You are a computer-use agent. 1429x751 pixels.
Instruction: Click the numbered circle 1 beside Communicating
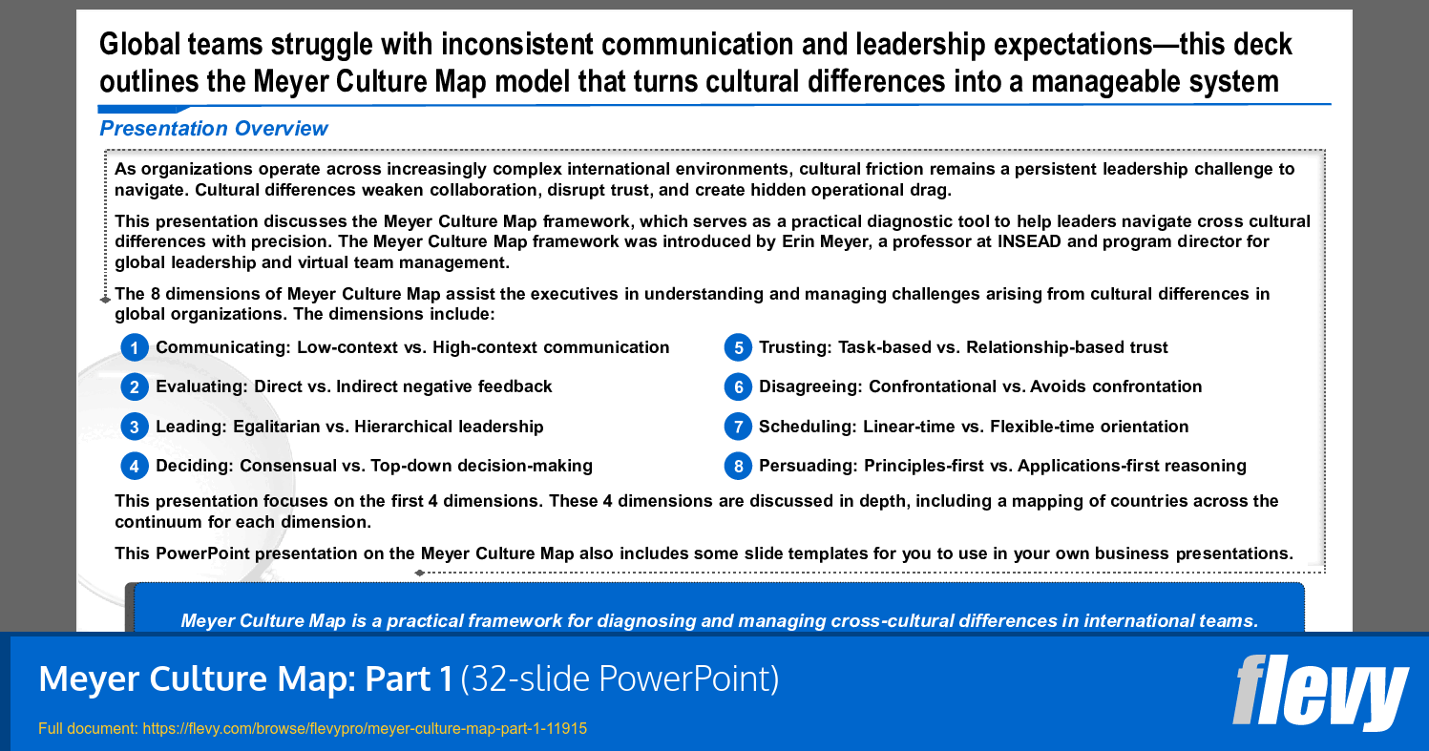pyautogui.click(x=135, y=347)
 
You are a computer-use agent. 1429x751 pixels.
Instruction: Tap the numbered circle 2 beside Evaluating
pyautogui.click(x=135, y=386)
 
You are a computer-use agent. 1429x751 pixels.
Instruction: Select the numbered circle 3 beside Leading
pyautogui.click(x=135, y=427)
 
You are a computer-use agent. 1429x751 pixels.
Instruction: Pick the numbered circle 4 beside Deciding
pyautogui.click(x=135, y=466)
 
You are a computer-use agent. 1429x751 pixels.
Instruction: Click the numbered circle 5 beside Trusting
pyautogui.click(x=738, y=347)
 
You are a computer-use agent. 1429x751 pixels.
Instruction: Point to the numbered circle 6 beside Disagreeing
pyautogui.click(x=738, y=386)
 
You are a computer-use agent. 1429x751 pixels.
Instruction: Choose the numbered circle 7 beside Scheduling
pyautogui.click(x=738, y=427)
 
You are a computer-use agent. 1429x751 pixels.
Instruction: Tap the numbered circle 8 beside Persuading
pyautogui.click(x=738, y=466)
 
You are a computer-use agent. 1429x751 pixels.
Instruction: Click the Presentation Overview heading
pyautogui.click(x=214, y=129)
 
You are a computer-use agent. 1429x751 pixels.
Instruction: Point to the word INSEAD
pyautogui.click(x=1029, y=241)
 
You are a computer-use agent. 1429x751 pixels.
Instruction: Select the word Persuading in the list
pyautogui.click(x=808, y=466)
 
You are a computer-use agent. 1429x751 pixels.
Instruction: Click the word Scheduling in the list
pyautogui.click(x=807, y=427)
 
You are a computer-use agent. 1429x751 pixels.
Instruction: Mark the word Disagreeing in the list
pyautogui.click(x=809, y=386)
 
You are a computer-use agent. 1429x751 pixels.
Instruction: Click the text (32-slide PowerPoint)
pyautogui.click(x=620, y=678)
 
